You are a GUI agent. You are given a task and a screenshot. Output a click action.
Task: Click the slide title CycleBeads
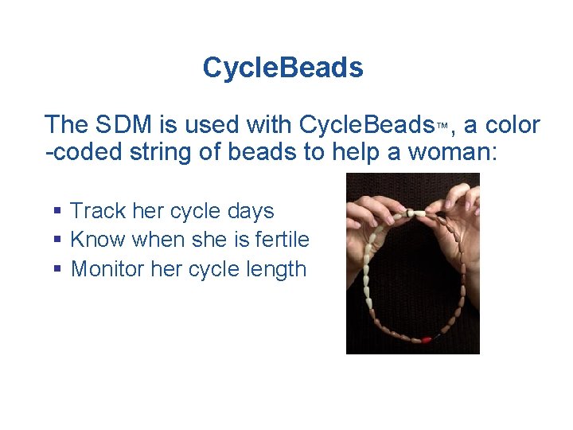pyautogui.click(x=283, y=68)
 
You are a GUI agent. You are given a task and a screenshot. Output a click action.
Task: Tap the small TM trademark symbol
pyautogui.click(x=442, y=126)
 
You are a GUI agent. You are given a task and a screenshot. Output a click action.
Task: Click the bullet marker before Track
pyautogui.click(x=57, y=212)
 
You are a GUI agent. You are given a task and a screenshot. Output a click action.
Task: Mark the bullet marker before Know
pyautogui.click(x=57, y=240)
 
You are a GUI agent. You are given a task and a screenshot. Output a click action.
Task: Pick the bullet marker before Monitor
pyautogui.click(x=57, y=269)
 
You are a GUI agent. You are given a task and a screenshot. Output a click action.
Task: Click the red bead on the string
pyautogui.click(x=427, y=339)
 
